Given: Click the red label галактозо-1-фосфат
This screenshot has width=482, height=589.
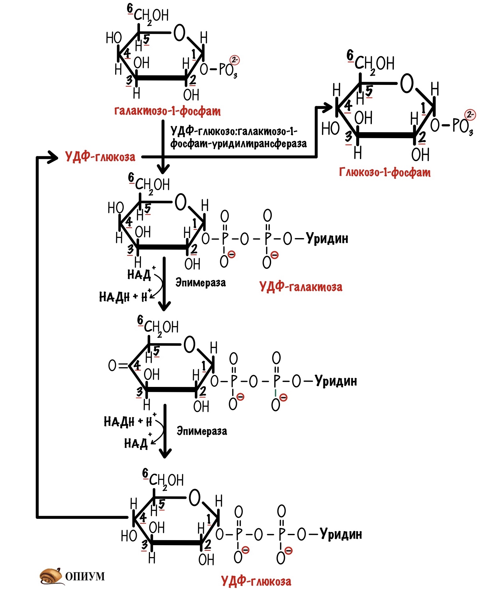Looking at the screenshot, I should [167, 111].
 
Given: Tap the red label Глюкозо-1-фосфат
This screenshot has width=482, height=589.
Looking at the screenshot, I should [385, 172].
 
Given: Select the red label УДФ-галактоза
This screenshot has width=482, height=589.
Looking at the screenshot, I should [301, 287].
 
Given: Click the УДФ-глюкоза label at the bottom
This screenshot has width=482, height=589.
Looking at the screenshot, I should [256, 581].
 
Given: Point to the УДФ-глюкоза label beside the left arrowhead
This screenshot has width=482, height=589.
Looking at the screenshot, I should [100, 157].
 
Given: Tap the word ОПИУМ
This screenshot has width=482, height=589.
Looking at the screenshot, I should [85, 576].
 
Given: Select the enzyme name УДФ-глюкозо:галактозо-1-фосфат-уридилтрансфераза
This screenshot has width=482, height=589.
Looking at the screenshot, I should [238, 137].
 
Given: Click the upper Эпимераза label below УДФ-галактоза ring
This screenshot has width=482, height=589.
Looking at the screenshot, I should [201, 283].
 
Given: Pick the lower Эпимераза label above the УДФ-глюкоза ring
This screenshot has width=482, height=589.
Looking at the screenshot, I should [202, 431].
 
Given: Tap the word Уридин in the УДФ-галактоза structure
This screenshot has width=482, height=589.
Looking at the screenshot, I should [327, 238].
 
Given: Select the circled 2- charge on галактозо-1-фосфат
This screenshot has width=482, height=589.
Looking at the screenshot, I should [234, 60].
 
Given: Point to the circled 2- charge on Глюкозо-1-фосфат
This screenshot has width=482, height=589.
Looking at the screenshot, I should [470, 115].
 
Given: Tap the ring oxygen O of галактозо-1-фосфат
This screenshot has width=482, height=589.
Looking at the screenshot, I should [179, 33].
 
